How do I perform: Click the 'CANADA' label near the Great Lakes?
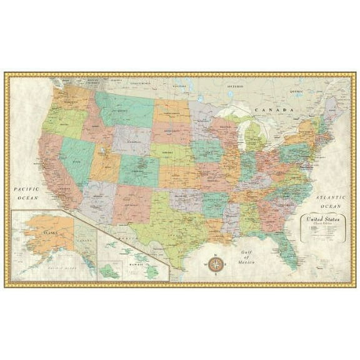pyautogui.click(x=272, y=110)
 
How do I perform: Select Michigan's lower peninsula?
pyautogui.click(x=256, y=138)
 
